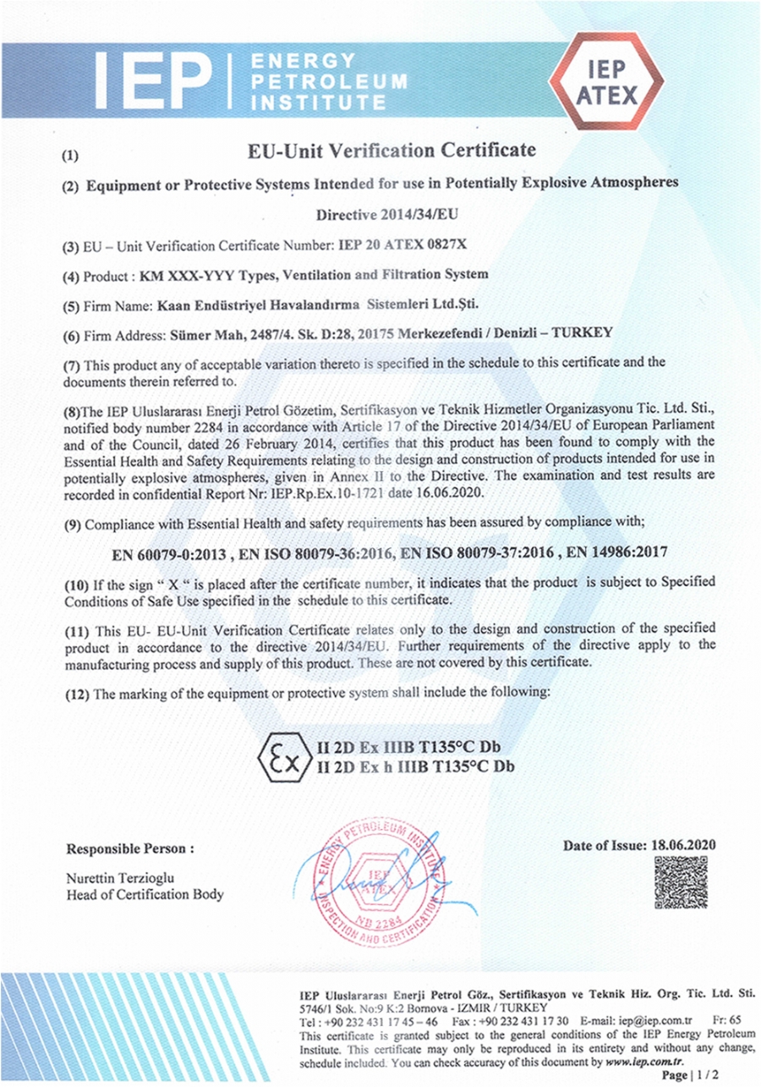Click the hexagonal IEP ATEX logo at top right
click(606, 82)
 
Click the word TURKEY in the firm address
click(584, 333)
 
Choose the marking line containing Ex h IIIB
click(415, 767)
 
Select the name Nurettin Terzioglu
click(120, 878)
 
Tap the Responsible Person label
click(130, 848)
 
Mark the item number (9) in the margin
click(73, 524)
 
